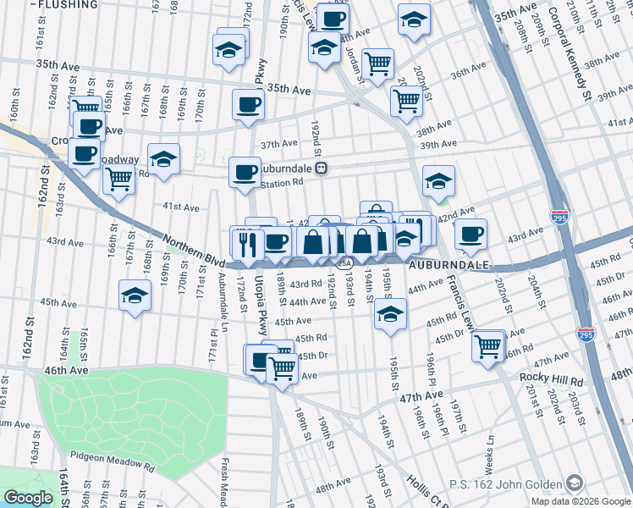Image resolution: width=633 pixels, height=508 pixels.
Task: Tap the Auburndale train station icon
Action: [x=322, y=168]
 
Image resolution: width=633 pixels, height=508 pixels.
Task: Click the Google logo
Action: [x=27, y=498]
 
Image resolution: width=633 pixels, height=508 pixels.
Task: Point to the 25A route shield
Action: [x=344, y=263]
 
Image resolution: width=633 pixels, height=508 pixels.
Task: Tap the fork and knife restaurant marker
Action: [x=247, y=243]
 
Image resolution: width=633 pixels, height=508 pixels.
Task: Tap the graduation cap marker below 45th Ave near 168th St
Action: [x=135, y=296]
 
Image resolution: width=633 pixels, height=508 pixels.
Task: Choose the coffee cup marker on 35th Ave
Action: [x=248, y=105]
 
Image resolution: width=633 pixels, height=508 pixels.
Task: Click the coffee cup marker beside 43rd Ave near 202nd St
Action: [x=471, y=235]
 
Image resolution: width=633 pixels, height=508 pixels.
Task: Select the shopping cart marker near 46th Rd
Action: [x=488, y=347]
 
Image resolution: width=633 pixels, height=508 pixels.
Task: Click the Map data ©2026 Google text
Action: [x=581, y=501]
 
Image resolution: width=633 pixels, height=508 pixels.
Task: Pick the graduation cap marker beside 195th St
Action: [x=388, y=315]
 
